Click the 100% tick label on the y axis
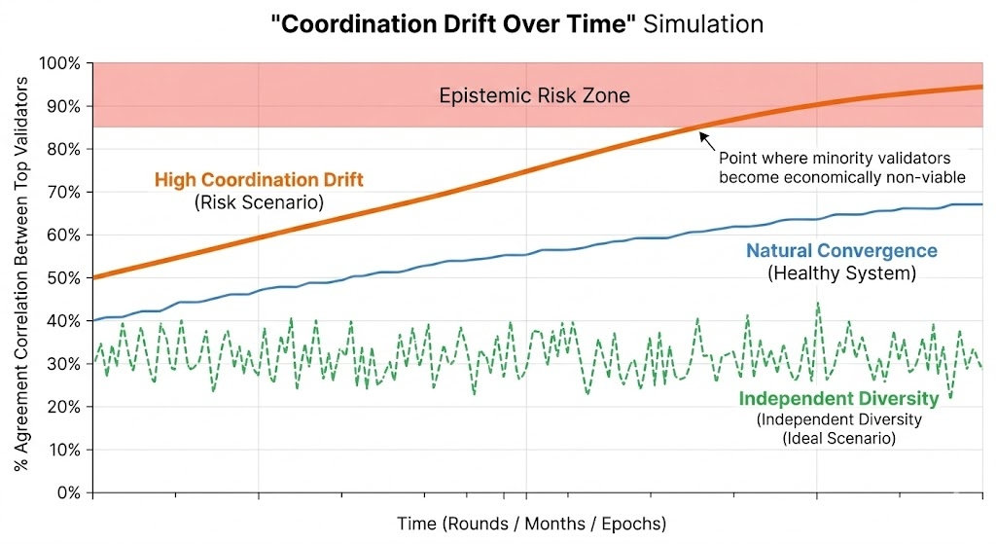coord(60,63)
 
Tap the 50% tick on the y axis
coord(64,277)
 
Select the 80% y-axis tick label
coord(64,149)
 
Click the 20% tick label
coord(64,407)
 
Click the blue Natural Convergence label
coord(841,251)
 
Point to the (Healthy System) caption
coord(841,273)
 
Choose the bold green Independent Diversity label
coord(838,398)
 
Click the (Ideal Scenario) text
coord(838,438)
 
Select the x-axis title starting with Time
coord(531,524)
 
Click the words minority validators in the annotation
coord(869,158)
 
